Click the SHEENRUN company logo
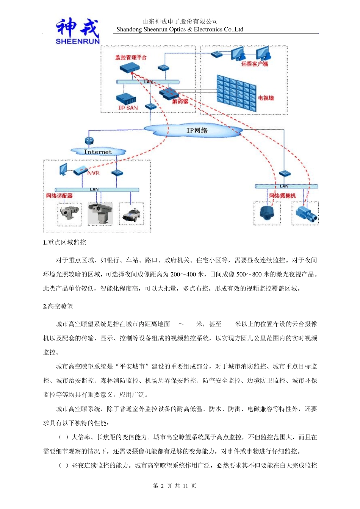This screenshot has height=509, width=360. click(78, 31)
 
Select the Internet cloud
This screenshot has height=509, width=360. click(98, 152)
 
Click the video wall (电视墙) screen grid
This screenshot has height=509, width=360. click(236, 93)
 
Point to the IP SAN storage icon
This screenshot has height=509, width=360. click(126, 99)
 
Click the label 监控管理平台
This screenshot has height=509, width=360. click(131, 58)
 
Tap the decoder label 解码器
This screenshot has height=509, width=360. click(180, 101)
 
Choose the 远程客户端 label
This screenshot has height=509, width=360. click(254, 64)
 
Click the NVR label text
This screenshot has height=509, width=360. click(93, 173)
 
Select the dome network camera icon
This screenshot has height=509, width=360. click(267, 212)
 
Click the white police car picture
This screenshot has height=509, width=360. click(131, 215)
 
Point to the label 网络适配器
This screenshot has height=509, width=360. click(59, 196)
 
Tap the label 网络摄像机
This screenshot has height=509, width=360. click(282, 196)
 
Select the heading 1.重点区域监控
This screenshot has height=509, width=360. click(64, 242)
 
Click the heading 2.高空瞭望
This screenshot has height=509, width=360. click(58, 306)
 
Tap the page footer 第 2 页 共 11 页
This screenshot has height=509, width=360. click(175, 486)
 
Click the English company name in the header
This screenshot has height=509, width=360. click(180, 30)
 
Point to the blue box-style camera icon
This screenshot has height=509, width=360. click(305, 213)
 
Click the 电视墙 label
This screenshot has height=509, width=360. click(266, 98)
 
